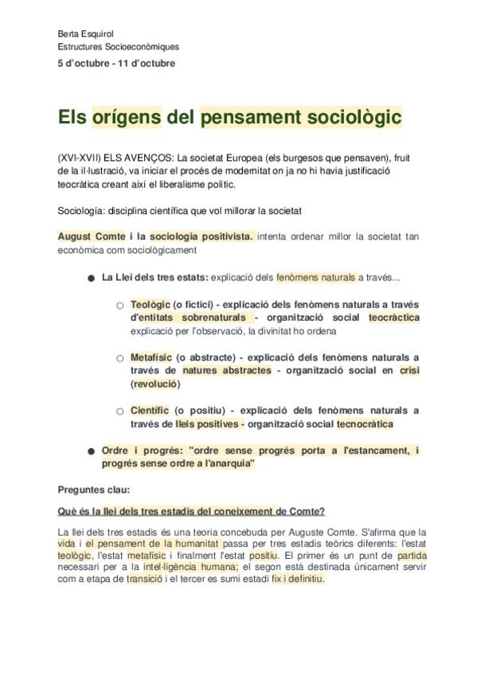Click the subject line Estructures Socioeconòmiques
coord(118,48)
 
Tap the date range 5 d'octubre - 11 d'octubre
coord(116,63)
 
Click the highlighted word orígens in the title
coord(127,118)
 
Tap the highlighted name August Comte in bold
coord(92,236)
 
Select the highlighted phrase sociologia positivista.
coord(201,236)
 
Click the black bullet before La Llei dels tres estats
coord(91,279)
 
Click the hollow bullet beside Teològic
coord(120,306)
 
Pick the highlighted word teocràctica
coord(393,318)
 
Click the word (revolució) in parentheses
coord(156,384)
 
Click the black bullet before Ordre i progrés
coord(91,451)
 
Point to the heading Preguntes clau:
coord(94,489)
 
